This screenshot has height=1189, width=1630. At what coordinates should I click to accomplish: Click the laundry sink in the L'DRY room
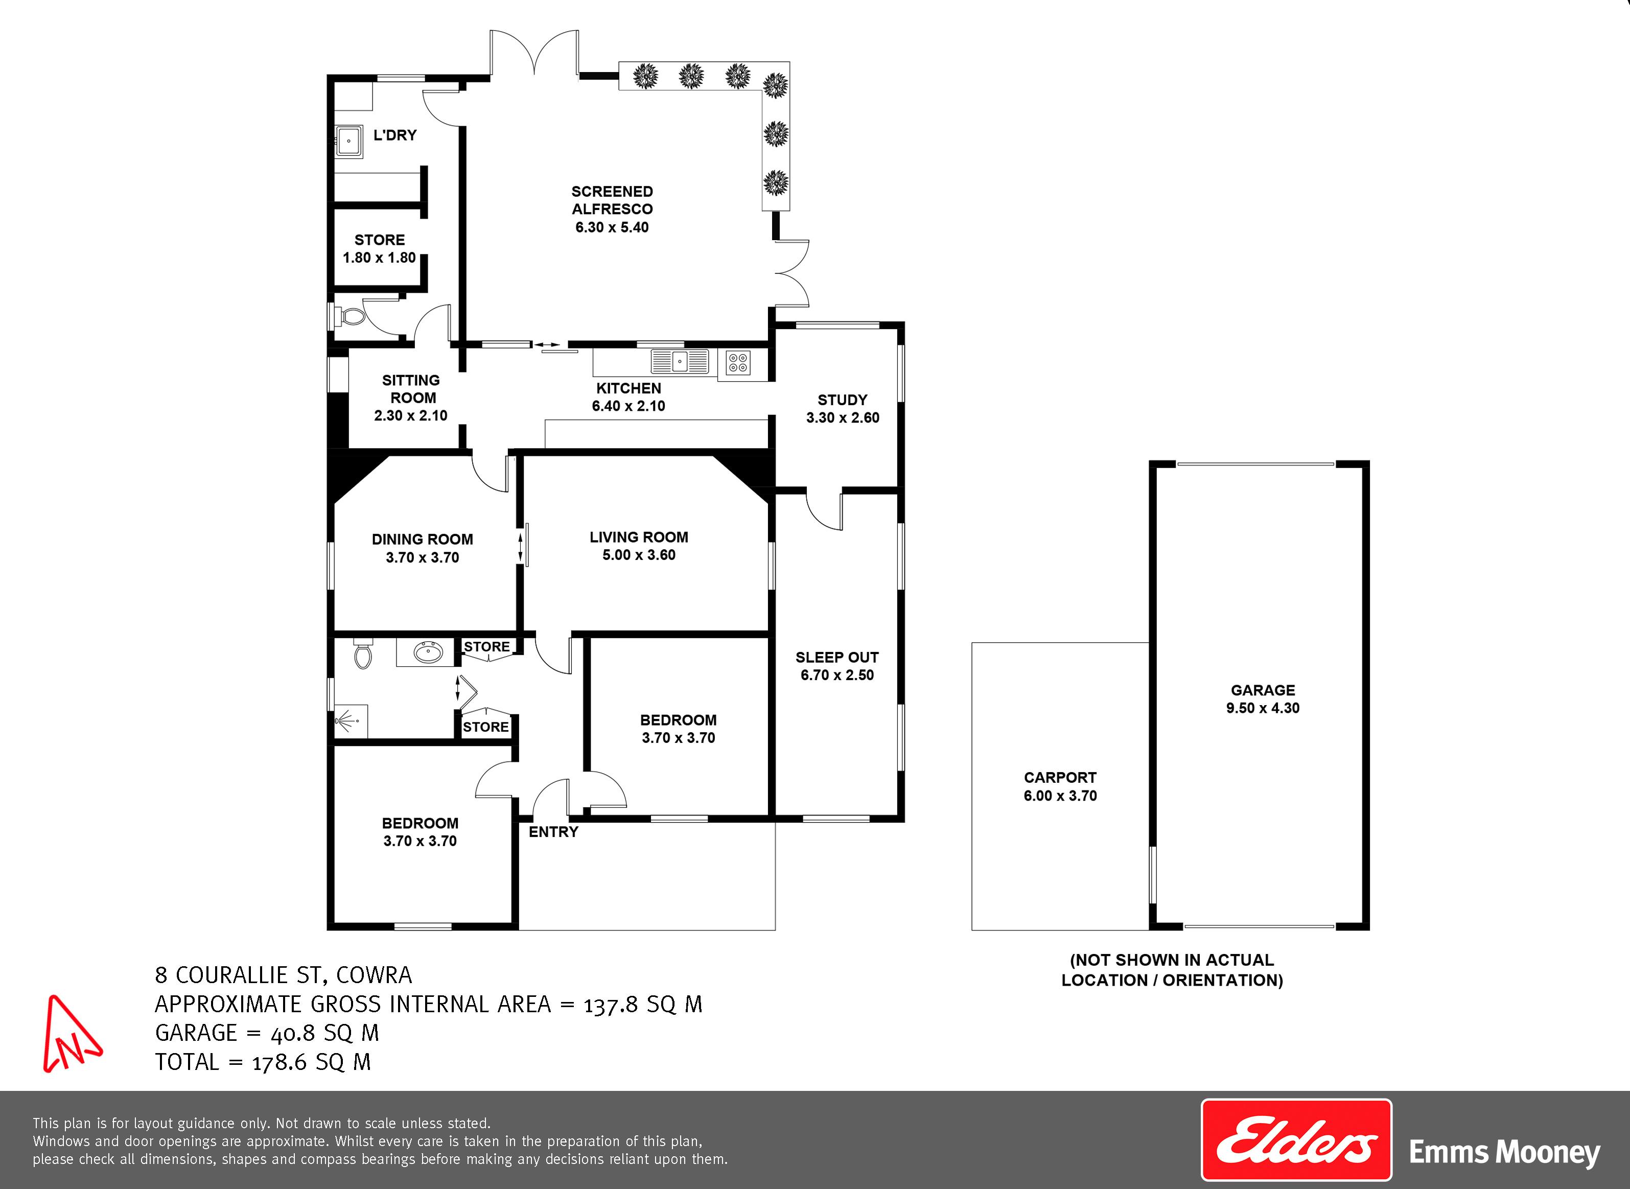tap(350, 142)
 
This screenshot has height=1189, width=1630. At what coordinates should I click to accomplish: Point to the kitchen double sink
tap(680, 361)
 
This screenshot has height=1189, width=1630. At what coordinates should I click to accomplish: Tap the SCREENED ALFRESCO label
tap(612, 200)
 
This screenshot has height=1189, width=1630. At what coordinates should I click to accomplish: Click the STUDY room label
tap(842, 400)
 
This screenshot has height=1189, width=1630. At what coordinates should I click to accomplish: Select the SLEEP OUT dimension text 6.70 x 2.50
tap(837, 675)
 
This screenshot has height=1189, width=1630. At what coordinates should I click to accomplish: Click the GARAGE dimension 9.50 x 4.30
tap(1263, 708)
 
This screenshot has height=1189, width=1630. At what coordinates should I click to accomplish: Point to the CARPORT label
tap(1060, 777)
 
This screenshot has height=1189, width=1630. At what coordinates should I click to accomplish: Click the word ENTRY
tap(553, 832)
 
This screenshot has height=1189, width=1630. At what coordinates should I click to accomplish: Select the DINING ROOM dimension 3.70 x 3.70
tap(423, 557)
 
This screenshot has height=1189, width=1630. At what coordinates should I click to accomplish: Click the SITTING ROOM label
tap(411, 389)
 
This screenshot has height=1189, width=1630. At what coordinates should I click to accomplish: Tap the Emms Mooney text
tap(1504, 1152)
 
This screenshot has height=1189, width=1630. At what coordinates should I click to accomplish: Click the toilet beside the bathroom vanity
tap(363, 653)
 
